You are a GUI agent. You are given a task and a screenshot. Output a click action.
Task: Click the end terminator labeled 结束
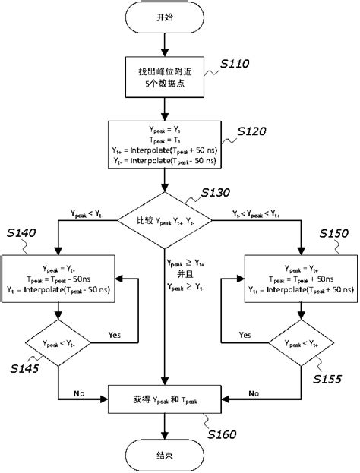click(x=165, y=457)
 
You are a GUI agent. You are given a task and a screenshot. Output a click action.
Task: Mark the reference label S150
click(x=336, y=232)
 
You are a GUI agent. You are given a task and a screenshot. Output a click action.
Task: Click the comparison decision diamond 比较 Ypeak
click(x=165, y=220)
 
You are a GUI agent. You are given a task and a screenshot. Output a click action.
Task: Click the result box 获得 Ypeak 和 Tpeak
click(x=165, y=397)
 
